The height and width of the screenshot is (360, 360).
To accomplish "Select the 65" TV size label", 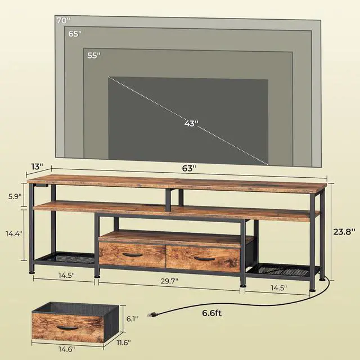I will [x=75, y=34].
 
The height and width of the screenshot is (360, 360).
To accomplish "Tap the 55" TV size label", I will [x=94, y=55].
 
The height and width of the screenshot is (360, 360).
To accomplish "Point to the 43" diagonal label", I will [x=191, y=124].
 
